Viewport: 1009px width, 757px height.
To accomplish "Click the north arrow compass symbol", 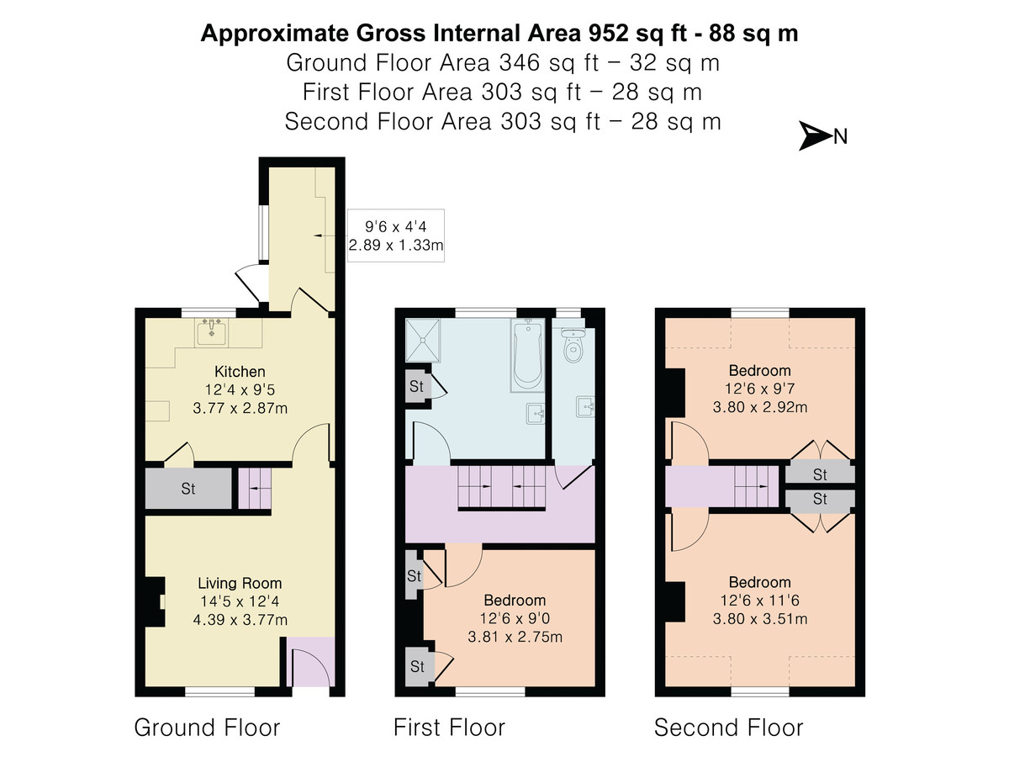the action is [x=814, y=136].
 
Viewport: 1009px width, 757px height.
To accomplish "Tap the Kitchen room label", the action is [x=240, y=372].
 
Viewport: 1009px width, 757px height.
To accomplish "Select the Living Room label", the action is [x=240, y=583].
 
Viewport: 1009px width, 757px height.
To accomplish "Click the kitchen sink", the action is [x=211, y=332].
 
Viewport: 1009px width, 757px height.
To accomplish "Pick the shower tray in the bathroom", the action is [x=422, y=340].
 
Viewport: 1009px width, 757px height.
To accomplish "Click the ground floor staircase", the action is [x=255, y=488].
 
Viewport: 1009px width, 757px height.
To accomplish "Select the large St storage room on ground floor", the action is [x=188, y=488].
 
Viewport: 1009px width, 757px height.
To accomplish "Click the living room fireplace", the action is [x=155, y=601].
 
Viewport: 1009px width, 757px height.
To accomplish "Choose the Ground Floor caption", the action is [x=207, y=728].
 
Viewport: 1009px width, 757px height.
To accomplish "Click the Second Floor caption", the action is [x=729, y=728].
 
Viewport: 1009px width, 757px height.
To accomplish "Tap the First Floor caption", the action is [x=449, y=728].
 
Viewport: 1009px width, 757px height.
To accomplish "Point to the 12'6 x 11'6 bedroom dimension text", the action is [x=760, y=601].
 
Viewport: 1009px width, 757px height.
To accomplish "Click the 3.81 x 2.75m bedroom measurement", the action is [x=515, y=637].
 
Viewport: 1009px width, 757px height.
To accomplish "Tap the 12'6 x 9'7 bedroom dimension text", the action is [x=760, y=389].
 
